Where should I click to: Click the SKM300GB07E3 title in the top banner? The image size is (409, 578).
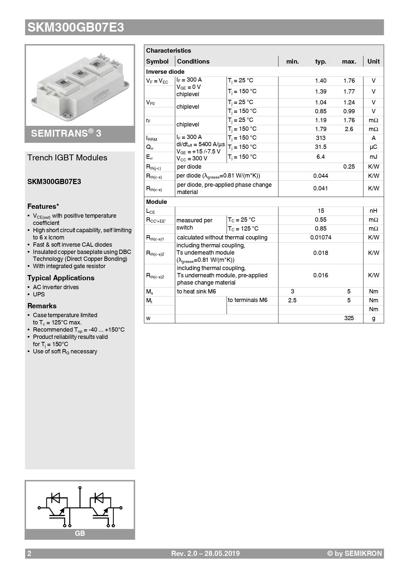click(x=76, y=27)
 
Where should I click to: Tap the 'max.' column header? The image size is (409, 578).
click(x=349, y=62)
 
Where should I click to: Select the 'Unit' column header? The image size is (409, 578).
click(x=373, y=62)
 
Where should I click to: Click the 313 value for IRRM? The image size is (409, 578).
click(x=321, y=138)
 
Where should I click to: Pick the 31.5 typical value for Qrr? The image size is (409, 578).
click(x=321, y=147)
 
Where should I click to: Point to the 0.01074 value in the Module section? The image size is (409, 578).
click(x=321, y=237)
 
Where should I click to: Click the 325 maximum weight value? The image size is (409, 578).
click(x=349, y=318)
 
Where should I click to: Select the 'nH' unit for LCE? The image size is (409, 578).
click(x=373, y=211)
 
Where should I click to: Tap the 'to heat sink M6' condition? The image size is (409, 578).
click(x=196, y=291)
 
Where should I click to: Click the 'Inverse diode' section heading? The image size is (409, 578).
click(x=165, y=72)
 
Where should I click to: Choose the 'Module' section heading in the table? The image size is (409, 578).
click(x=156, y=202)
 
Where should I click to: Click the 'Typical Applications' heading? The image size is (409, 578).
click(x=61, y=278)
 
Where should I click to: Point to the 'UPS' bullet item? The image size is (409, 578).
click(x=39, y=294)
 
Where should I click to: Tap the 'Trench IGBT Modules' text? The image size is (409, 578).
click(x=67, y=158)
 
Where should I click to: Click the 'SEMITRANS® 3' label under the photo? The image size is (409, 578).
click(x=66, y=133)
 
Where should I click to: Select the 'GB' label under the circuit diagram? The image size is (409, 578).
click(x=80, y=534)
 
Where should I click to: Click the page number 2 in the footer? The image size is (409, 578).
click(x=29, y=554)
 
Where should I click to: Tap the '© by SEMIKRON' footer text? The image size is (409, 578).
click(x=354, y=554)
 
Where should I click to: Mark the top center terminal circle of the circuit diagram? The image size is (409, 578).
click(x=80, y=488)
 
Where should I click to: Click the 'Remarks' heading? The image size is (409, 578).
click(x=42, y=306)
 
